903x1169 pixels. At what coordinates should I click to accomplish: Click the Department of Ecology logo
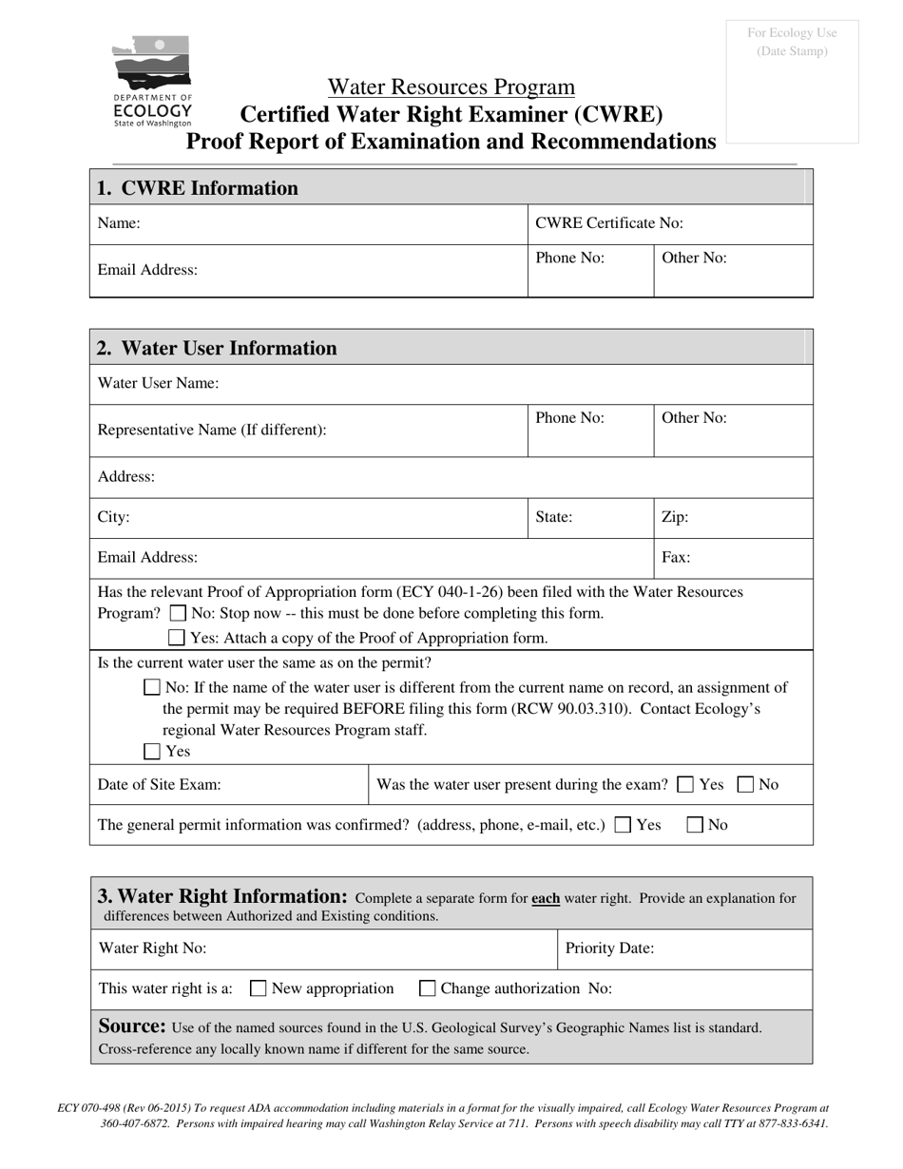152,82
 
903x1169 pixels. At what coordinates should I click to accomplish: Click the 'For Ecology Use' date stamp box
792,82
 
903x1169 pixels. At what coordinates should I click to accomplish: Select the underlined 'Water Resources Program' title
451,87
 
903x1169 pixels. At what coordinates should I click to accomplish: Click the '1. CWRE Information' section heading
198,188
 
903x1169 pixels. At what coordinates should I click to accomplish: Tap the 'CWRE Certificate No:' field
670,223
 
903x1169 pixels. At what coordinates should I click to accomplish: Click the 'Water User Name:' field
451,384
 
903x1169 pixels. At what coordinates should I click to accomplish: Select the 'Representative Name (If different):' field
309,430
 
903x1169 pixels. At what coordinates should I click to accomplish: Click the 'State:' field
590,518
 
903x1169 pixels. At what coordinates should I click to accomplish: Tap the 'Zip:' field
733,518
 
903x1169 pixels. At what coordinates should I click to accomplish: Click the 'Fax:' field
733,558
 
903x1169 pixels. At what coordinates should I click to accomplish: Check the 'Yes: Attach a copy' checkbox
177,638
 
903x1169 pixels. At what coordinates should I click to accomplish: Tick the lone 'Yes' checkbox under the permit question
152,752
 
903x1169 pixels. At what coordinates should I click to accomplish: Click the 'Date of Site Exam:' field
228,785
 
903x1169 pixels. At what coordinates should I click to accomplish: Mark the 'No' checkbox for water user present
746,785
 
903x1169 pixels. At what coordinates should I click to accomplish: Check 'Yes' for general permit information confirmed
623,825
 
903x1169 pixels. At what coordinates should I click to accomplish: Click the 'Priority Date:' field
684,949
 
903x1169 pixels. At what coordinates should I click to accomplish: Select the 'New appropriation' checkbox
258,988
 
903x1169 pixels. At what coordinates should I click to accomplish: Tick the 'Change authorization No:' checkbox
427,988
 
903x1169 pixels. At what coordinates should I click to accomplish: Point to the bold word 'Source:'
133,1026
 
